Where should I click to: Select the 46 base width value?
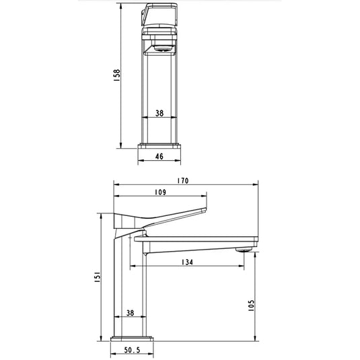tap(160, 155)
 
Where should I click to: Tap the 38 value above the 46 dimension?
tap(160, 113)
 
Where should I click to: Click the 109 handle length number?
tap(161, 193)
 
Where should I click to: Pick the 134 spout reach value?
tap(187, 262)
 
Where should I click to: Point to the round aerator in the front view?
tap(160, 48)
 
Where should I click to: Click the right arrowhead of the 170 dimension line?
tap(256, 184)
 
